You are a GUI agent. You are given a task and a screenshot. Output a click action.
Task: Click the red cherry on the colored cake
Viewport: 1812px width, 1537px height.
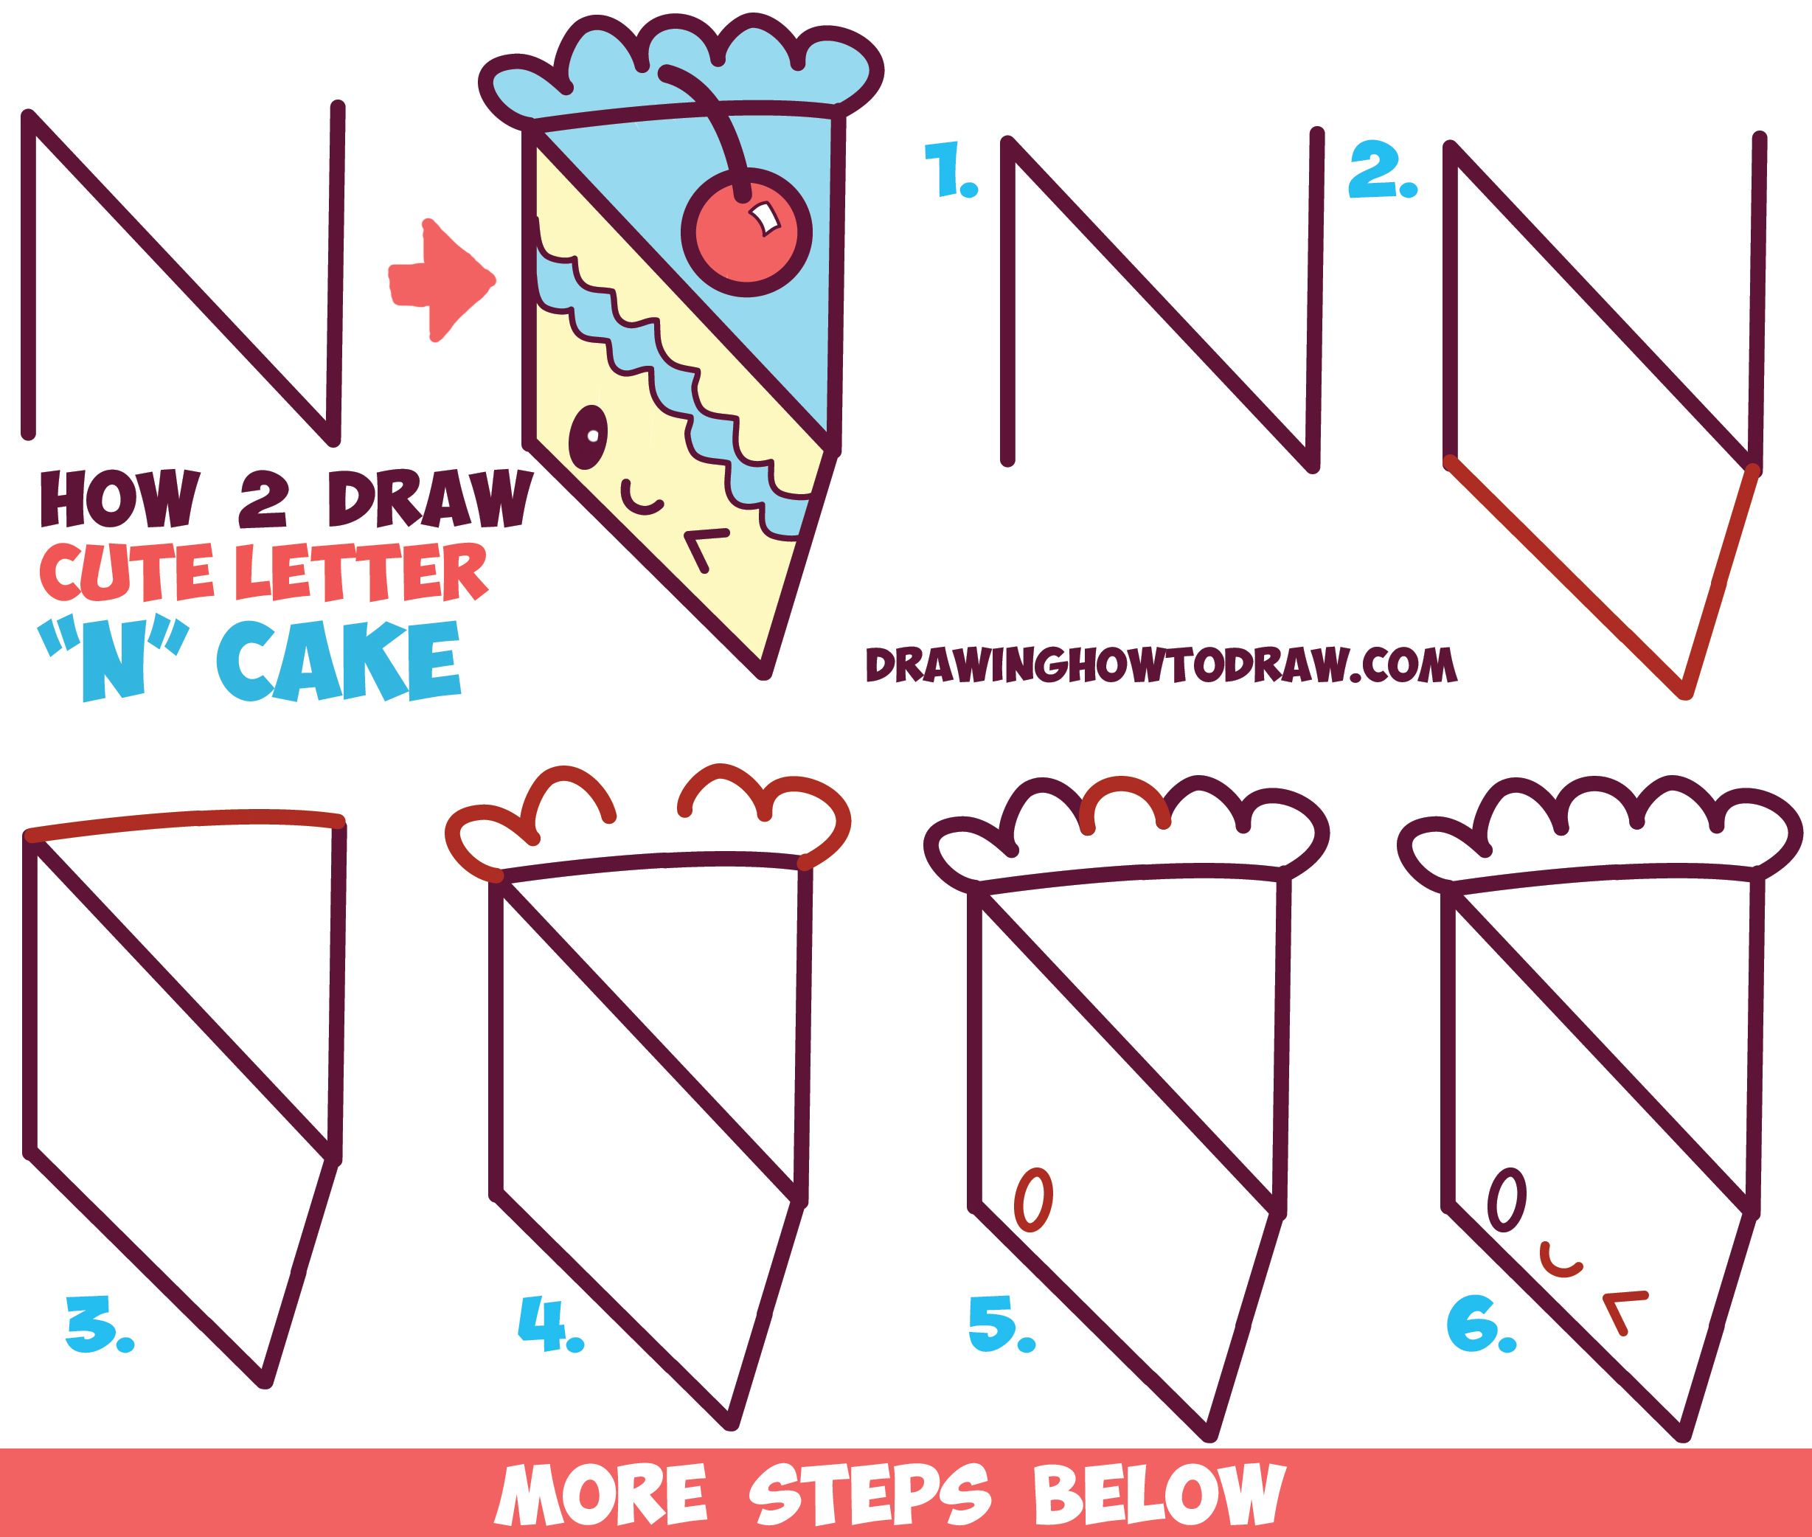pyautogui.click(x=746, y=234)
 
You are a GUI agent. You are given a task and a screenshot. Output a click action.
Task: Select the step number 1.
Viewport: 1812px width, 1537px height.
pyautogui.click(x=950, y=170)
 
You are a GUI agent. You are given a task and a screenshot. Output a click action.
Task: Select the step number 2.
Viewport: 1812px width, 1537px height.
pyautogui.click(x=1381, y=170)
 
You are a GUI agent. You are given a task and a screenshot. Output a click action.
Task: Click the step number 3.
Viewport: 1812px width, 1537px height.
pyautogui.click(x=97, y=1324)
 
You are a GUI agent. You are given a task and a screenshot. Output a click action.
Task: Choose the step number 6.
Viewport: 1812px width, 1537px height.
pyautogui.click(x=1480, y=1324)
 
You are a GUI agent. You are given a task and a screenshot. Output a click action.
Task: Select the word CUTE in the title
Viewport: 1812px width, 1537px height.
pyautogui.click(x=126, y=572)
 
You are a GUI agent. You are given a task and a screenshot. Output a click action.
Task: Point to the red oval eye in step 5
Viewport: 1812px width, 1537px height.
pyautogui.click(x=1033, y=1200)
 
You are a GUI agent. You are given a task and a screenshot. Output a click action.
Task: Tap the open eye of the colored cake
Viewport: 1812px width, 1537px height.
pyautogui.click(x=589, y=437)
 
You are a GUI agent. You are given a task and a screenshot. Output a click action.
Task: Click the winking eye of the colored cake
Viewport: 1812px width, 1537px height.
pyautogui.click(x=704, y=548)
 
